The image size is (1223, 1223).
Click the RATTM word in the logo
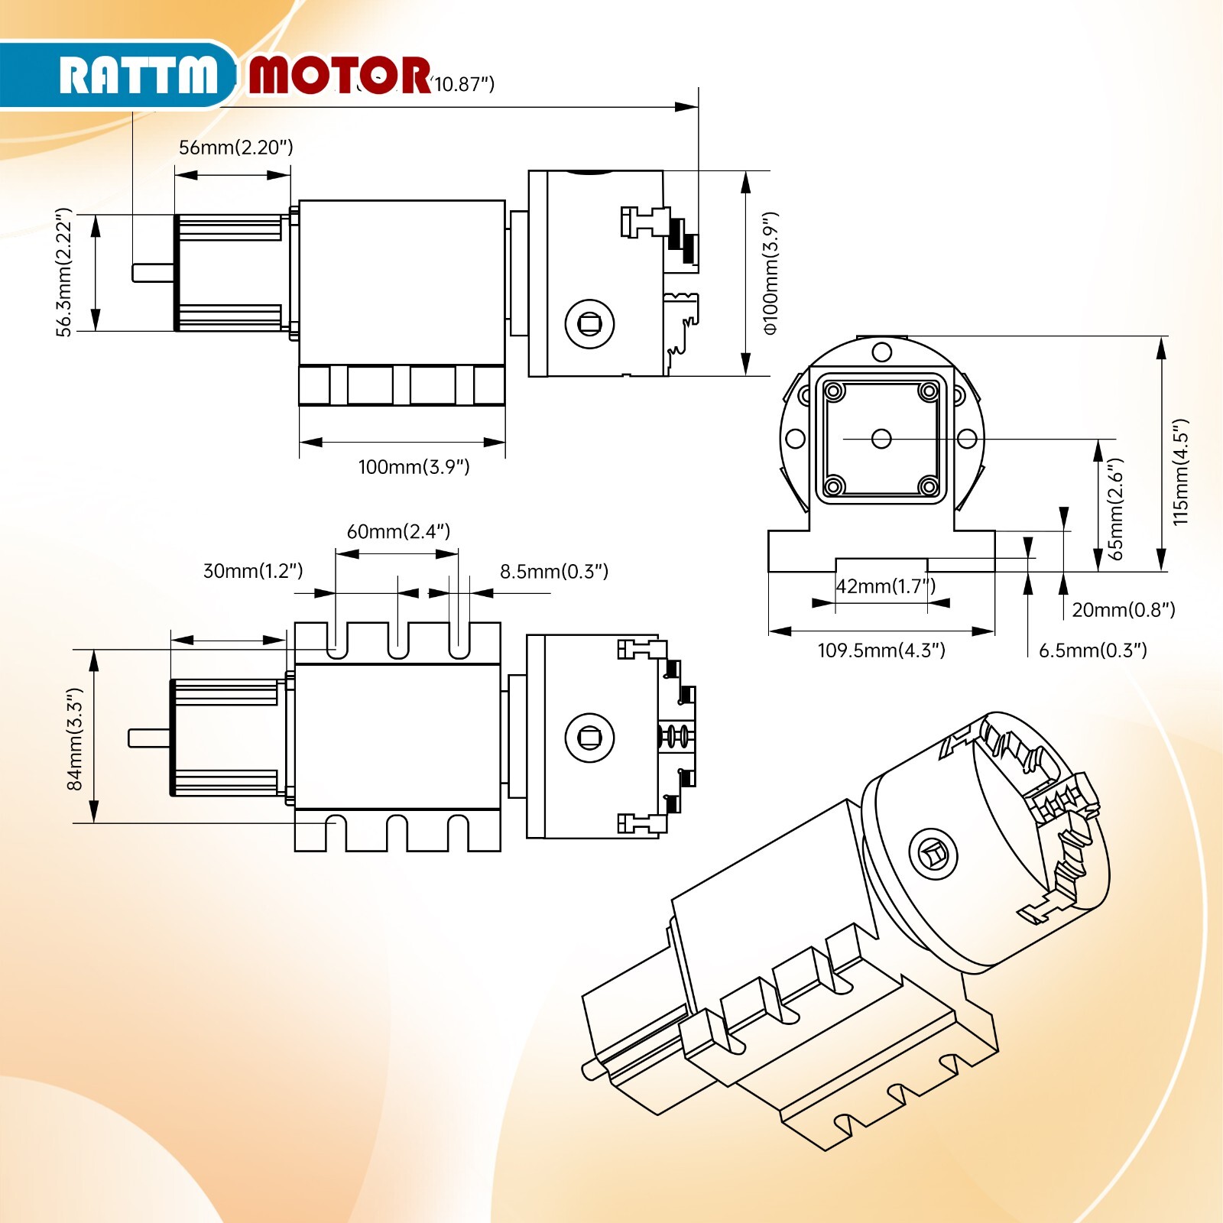pos(138,76)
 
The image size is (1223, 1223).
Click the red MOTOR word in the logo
pos(339,76)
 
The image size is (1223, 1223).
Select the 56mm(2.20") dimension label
pos(235,148)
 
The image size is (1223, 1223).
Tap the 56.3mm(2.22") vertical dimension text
pos(64,272)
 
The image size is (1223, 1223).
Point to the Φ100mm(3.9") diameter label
pos(770,273)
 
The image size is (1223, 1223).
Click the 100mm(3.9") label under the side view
pos(414,467)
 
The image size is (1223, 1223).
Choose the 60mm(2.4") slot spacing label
pos(398,531)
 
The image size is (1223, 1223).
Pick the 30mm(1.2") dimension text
pos(252,571)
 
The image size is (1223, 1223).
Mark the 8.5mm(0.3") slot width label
pos(554,572)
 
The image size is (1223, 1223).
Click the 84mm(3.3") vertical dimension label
pos(74,738)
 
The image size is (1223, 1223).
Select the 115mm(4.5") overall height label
pos(1181,472)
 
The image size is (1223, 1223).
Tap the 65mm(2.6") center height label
pos(1115,508)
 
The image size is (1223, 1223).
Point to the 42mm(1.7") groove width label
pos(885,586)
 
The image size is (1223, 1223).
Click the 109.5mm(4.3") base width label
pos(881,650)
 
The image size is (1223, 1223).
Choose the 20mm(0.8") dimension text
pos(1123,610)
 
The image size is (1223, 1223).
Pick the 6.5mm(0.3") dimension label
pos(1092,650)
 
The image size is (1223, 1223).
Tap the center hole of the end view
pos(881,439)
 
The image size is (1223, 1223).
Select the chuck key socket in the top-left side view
pos(589,324)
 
